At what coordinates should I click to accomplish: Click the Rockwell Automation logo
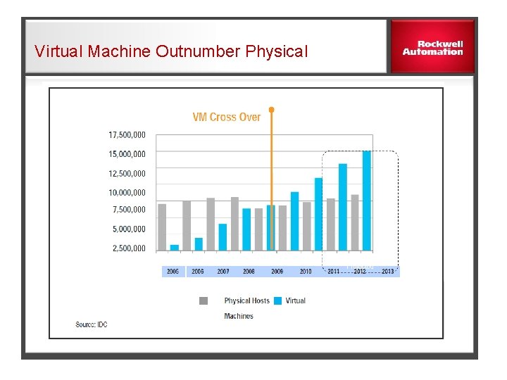[x=432, y=47]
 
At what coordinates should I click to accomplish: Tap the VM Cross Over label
[x=226, y=118]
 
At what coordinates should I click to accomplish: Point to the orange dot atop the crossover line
[x=271, y=110]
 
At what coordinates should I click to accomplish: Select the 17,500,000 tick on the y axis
[x=127, y=134]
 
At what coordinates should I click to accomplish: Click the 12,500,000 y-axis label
[x=127, y=173]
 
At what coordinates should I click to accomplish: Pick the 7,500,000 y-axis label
[x=129, y=210]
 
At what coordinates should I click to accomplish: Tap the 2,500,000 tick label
[x=129, y=248]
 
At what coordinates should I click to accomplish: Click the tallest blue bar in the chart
[x=366, y=201]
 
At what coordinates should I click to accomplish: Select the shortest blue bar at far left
[x=174, y=247]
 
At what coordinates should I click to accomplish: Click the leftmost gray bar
[x=162, y=227]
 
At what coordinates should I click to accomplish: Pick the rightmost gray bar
[x=354, y=222]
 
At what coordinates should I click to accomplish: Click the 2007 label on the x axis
[x=223, y=271]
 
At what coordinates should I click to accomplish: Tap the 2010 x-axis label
[x=306, y=271]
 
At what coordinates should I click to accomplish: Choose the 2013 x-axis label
[x=387, y=271]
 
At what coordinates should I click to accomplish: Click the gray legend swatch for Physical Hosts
[x=204, y=300]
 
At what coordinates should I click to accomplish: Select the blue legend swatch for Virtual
[x=277, y=300]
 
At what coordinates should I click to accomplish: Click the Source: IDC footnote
[x=92, y=324]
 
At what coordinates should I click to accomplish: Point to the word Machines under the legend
[x=239, y=316]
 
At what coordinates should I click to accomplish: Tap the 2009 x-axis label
[x=277, y=271]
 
